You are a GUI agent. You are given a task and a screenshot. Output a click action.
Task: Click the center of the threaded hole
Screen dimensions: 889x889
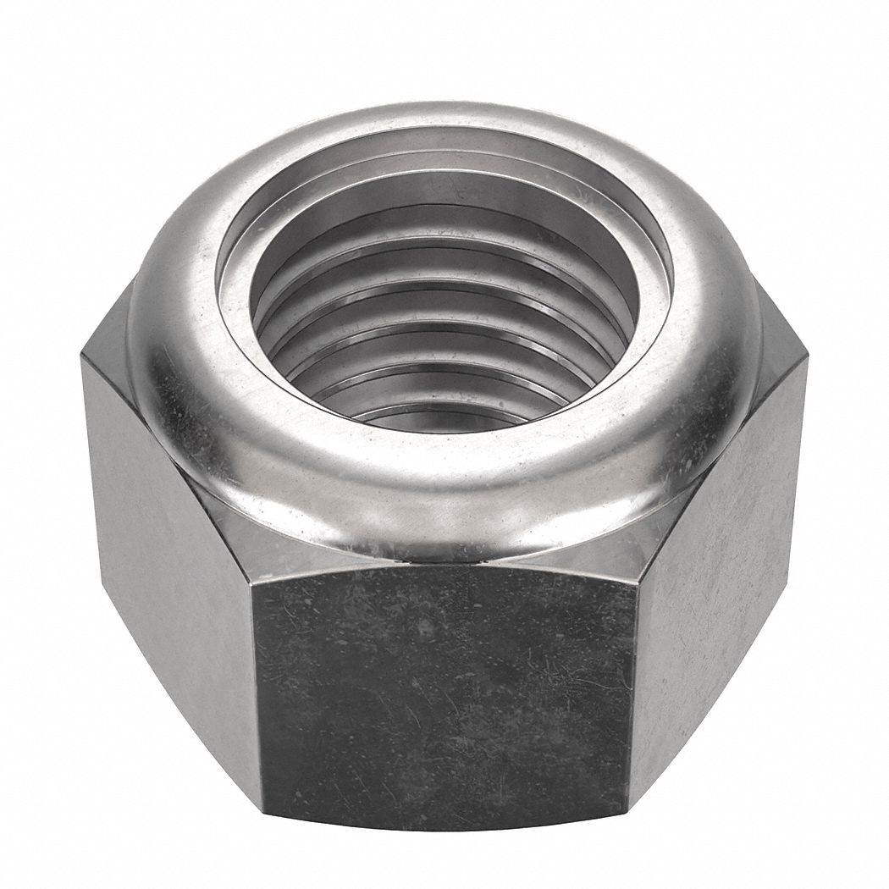(x=440, y=339)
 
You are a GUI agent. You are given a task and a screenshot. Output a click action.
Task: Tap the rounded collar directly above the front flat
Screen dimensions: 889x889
(x=444, y=508)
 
